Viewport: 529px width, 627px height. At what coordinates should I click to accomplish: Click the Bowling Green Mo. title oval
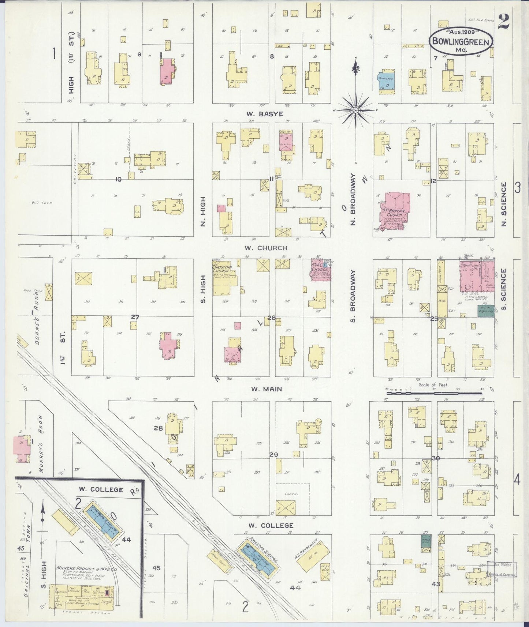461,41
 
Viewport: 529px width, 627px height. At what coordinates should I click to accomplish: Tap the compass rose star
355,110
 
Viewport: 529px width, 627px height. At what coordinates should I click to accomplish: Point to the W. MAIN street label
267,389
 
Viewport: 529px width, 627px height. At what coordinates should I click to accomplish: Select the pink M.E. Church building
320,270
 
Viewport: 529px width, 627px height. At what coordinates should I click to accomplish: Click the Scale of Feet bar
434,393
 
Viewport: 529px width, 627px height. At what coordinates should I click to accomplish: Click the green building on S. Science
486,311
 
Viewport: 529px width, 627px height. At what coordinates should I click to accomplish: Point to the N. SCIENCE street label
504,204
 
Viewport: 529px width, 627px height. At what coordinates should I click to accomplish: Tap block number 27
135,317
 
